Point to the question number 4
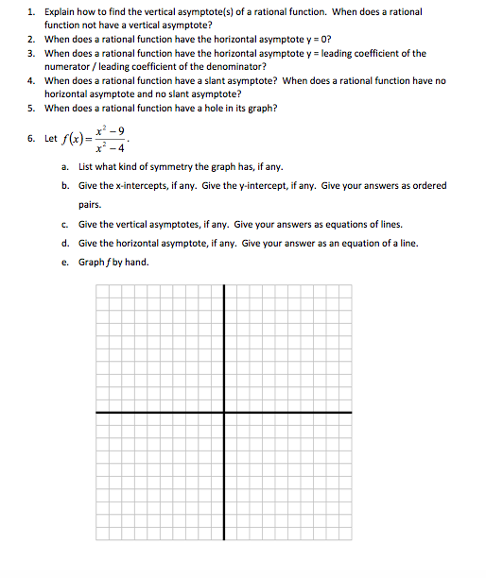(30, 80)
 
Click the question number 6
(30, 139)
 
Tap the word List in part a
(86, 167)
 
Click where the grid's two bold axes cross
(224, 412)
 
